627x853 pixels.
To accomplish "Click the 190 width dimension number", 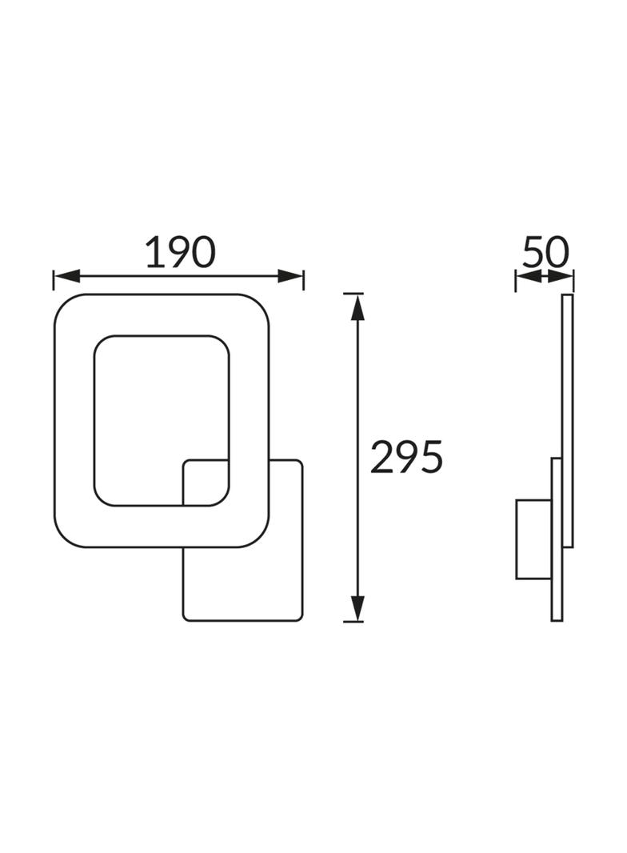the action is pos(181,252).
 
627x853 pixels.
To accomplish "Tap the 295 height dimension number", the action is pos(406,456).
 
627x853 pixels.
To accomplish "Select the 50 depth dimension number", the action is pos(545,251).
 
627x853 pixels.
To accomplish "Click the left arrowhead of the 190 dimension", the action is pos(67,276).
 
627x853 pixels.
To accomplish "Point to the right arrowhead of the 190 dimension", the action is pos(290,276).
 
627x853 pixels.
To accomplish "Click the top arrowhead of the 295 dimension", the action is pos(357,306).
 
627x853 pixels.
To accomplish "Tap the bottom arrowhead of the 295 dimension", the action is pos(357,608).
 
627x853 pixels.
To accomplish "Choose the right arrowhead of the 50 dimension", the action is pos(561,276).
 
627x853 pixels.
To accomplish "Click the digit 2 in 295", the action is pos(381,456).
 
